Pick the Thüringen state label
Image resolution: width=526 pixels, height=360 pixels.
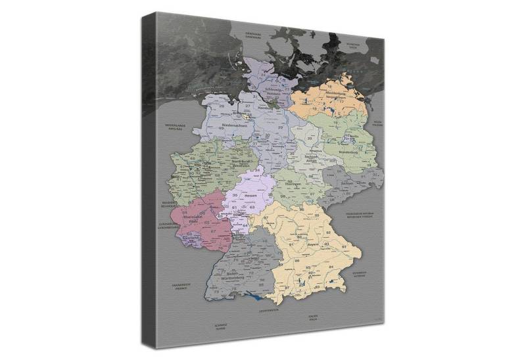point(293,185)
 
